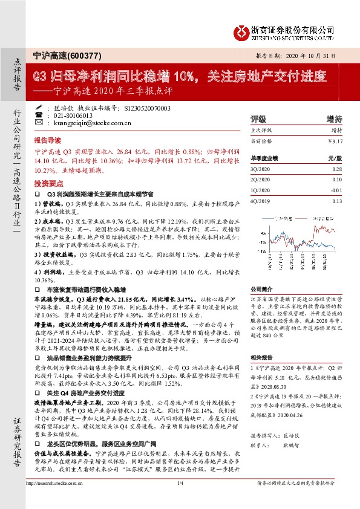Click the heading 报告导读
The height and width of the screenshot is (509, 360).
pos(47,139)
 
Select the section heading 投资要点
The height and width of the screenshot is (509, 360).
pos(47,183)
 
